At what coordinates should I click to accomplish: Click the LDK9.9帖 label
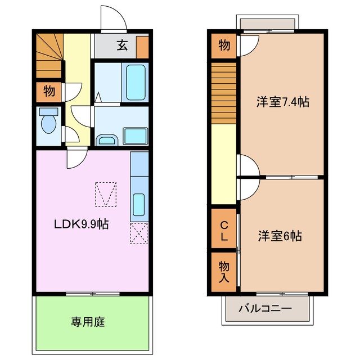click(81, 224)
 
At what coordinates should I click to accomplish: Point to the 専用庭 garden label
click(88, 322)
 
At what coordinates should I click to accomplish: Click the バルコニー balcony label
click(265, 309)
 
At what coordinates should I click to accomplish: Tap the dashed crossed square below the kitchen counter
click(138, 233)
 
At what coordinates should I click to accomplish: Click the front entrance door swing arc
click(113, 17)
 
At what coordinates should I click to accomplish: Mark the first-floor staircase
click(48, 55)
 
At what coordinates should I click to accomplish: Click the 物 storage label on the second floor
click(224, 46)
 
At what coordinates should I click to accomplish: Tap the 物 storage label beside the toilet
click(48, 91)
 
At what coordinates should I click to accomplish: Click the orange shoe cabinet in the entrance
click(142, 46)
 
